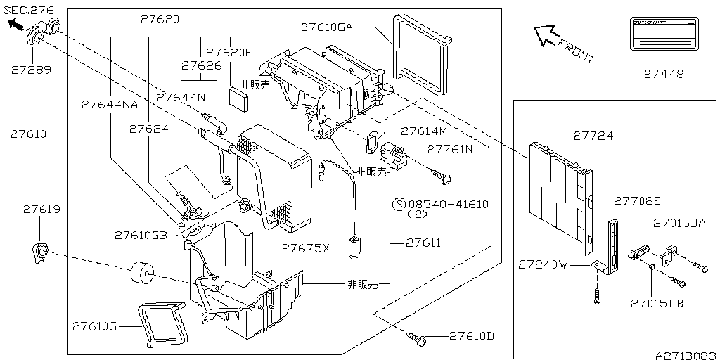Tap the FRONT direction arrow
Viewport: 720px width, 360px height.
pos(545,35)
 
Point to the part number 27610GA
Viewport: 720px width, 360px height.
pos(326,27)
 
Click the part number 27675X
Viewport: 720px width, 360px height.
pos(305,248)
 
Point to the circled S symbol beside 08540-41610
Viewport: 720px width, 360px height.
pos(398,205)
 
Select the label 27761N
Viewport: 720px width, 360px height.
pos(450,150)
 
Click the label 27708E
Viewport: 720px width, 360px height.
pos(637,200)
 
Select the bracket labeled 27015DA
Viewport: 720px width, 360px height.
pos(671,251)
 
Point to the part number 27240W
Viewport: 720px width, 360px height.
pos(542,265)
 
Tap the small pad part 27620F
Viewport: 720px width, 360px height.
pos(239,98)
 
